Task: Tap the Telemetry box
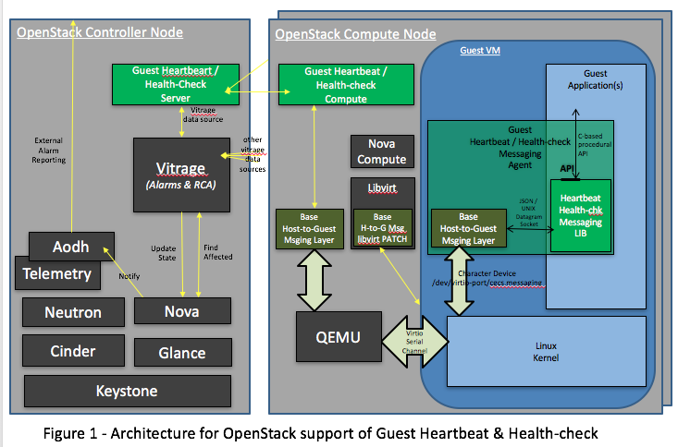coord(56,273)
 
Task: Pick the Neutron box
coord(72,312)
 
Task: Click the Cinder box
coord(72,351)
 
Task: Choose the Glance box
coord(181,352)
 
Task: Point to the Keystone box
coord(127,390)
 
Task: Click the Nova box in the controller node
coord(181,311)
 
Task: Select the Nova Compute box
coord(381,152)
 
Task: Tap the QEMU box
coord(339,335)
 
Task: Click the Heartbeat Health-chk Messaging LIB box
coord(580,214)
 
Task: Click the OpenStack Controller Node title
coord(101,33)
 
